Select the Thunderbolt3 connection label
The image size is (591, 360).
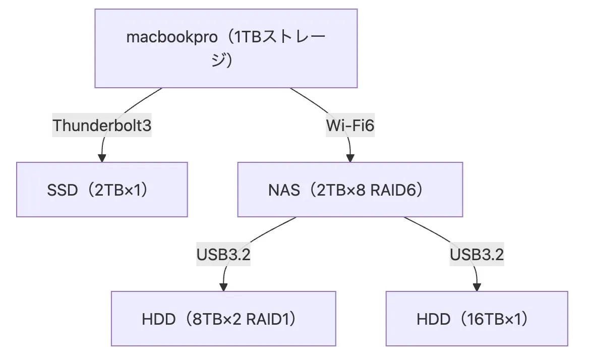tap(102, 125)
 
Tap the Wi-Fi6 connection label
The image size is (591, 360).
tap(350, 125)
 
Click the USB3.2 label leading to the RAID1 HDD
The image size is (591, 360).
tap(223, 255)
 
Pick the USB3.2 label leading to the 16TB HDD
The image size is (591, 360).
tap(477, 255)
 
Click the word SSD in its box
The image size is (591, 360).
tap(62, 191)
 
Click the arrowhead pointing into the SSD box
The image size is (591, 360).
tap(102, 158)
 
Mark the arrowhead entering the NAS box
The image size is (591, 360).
tap(350, 158)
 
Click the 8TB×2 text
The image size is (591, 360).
tap(217, 319)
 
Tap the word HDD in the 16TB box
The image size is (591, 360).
tap(434, 319)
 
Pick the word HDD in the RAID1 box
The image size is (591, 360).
tap(159, 319)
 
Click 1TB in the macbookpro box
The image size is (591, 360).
tap(248, 37)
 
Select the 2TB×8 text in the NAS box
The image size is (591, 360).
tap(341, 191)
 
